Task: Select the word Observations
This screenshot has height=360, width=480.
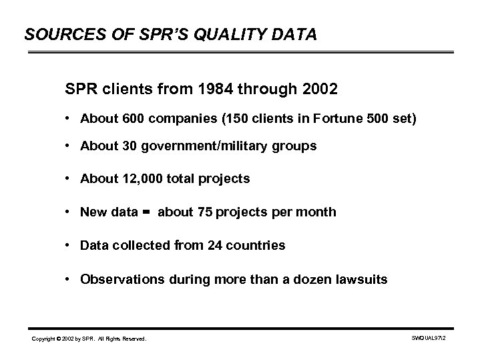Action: [116, 279]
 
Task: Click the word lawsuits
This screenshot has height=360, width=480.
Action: [362, 279]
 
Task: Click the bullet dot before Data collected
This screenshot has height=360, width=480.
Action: [69, 245]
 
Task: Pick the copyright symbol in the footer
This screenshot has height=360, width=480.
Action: [61, 340]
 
